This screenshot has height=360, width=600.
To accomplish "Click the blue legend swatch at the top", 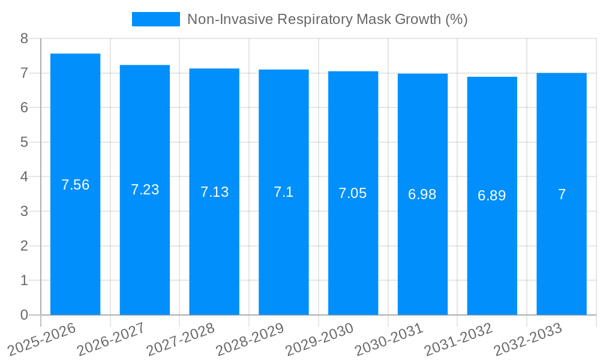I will [155, 19].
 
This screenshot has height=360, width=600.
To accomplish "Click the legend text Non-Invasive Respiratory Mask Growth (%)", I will [327, 19].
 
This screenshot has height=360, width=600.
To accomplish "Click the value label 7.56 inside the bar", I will [75, 185].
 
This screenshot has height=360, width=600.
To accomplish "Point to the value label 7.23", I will [145, 190].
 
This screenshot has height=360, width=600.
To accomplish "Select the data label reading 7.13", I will [214, 192].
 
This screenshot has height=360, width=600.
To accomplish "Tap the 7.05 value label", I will [353, 193].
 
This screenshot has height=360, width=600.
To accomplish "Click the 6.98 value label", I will [422, 194].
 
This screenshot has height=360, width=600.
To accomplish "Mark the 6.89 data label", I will [492, 196].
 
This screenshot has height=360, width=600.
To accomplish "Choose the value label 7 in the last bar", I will [562, 194].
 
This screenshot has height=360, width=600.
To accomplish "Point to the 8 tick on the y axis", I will [24, 39].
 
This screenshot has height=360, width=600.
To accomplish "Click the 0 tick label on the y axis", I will [24, 315].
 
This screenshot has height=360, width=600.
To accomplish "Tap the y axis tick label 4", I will [24, 177].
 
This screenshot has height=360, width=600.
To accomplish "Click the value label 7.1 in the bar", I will [284, 192].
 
